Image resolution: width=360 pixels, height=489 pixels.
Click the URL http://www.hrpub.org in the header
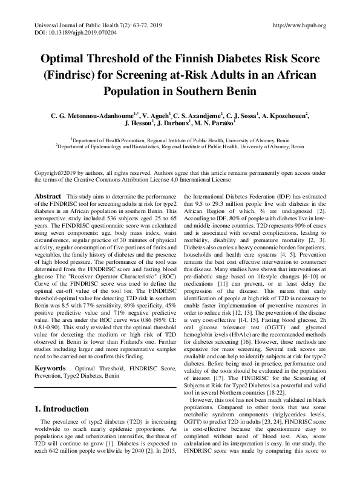(299, 25)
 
